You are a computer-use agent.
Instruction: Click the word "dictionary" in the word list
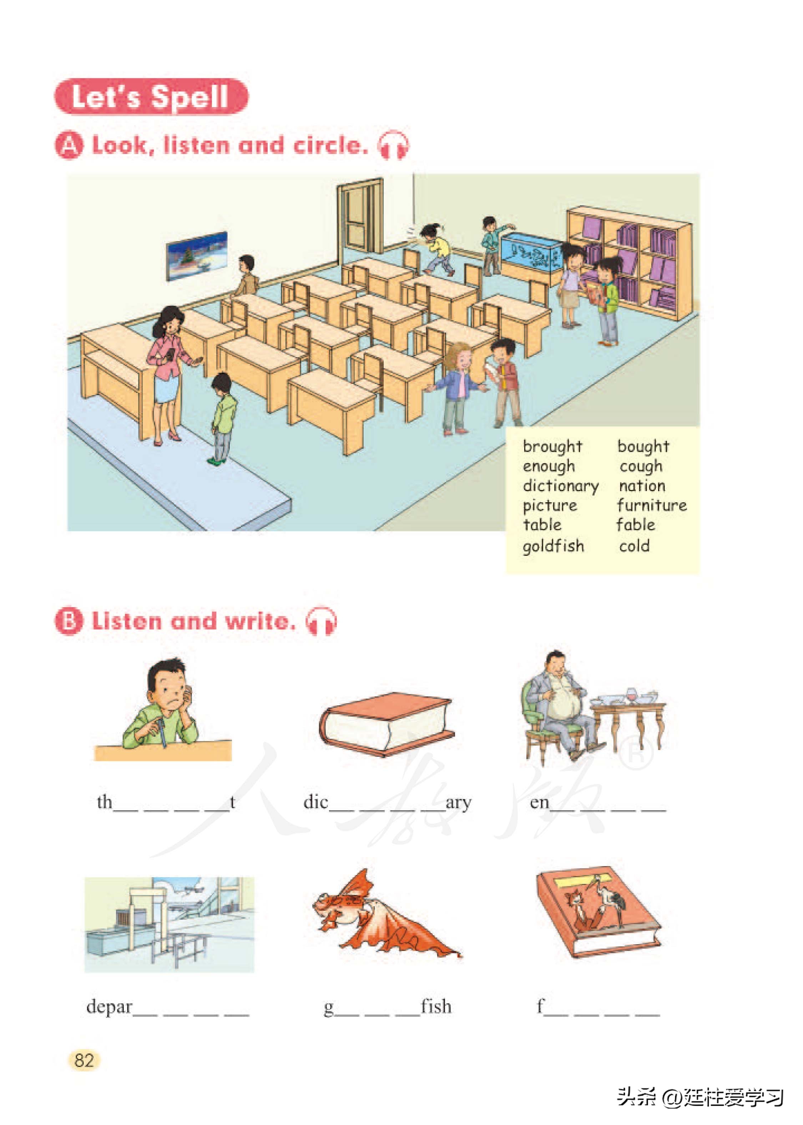[560, 486]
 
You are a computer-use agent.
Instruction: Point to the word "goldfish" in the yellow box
[553, 546]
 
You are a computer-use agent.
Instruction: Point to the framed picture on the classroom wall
[196, 256]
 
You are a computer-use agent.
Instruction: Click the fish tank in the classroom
[531, 251]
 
